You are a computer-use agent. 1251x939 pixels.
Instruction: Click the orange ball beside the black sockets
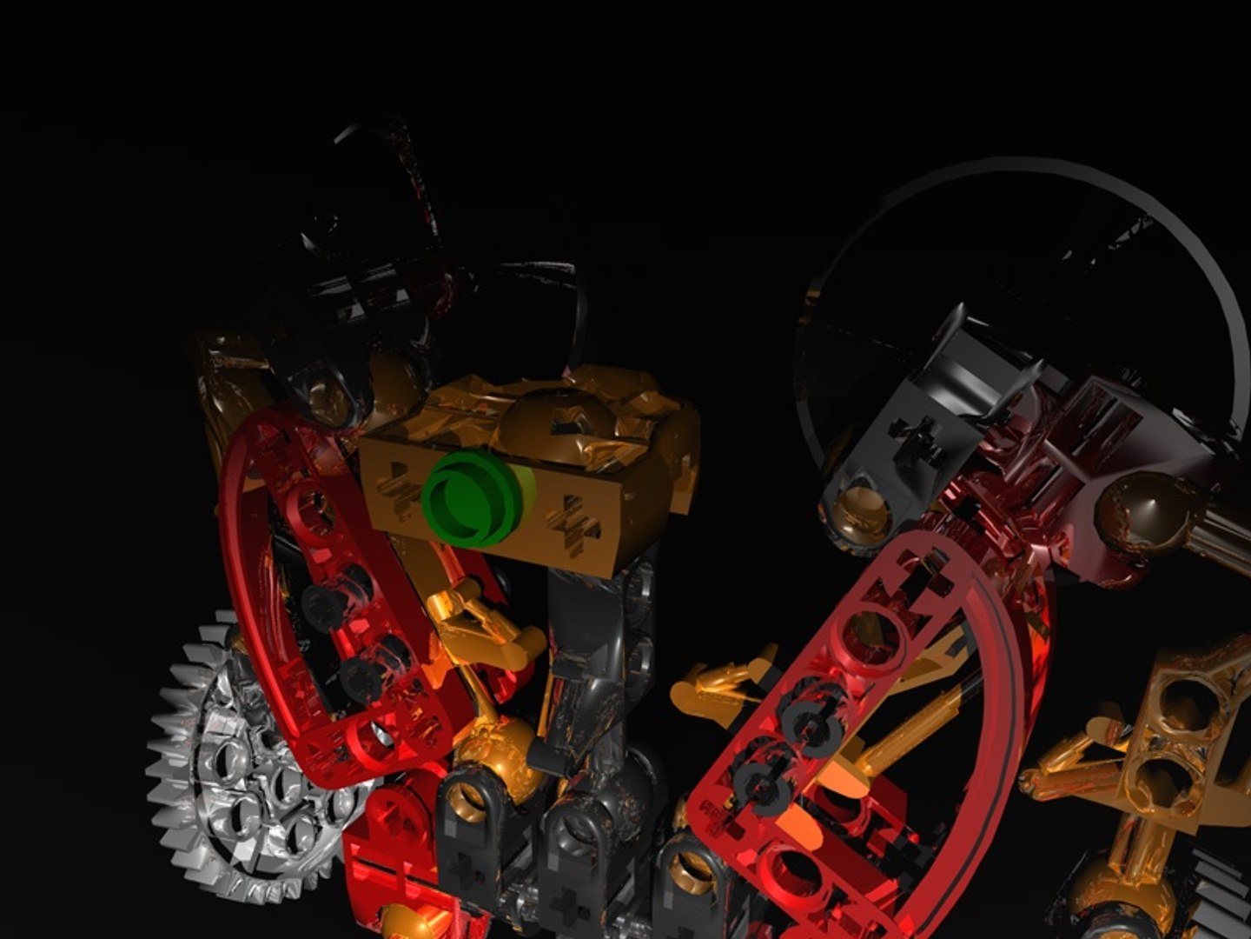[491, 748]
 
